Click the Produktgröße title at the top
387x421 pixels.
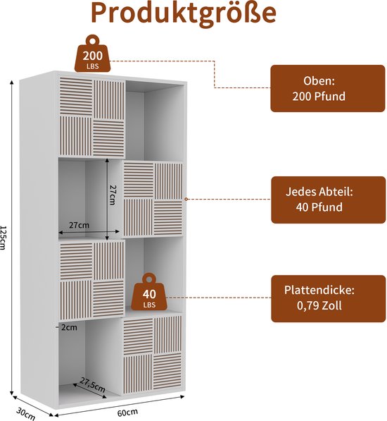184,13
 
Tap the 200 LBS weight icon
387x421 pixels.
92,54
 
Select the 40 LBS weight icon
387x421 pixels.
149,292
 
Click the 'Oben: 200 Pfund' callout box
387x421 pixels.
328,88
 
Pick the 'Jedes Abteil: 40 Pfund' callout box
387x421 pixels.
328,200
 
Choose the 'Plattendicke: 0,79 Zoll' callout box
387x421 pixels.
328,298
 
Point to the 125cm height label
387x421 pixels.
3,238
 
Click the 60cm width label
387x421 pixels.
128,412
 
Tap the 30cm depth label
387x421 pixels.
26,413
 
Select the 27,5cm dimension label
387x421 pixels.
92,385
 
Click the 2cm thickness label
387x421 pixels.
69,327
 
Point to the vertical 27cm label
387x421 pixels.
113,195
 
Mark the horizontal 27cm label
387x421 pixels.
79,225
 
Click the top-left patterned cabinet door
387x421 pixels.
92,117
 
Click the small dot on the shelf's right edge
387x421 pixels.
186,200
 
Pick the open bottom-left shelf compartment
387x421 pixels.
89,357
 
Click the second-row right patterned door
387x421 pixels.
153,199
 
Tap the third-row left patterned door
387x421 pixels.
92,279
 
